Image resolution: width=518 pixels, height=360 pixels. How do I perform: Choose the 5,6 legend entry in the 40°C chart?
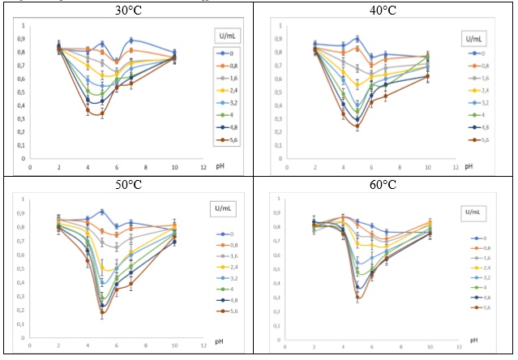point(481,139)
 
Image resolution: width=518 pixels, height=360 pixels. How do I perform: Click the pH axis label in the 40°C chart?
point(469,169)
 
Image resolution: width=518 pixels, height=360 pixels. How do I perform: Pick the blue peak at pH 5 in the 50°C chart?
point(102,212)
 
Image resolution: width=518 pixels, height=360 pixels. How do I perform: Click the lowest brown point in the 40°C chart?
point(357,126)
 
